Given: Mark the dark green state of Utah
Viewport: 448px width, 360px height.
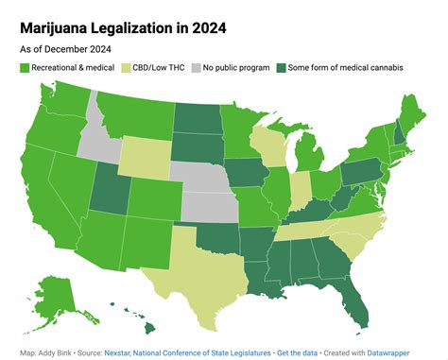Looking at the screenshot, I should point(108,193).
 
